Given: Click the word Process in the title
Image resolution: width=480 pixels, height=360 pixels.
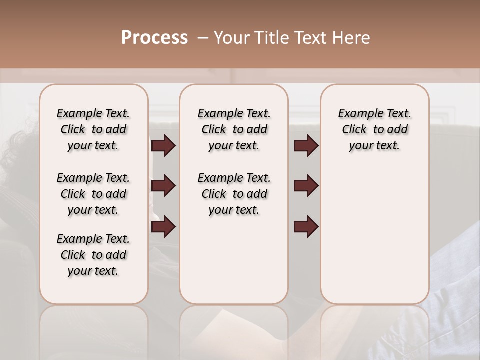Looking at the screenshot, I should tap(154, 38).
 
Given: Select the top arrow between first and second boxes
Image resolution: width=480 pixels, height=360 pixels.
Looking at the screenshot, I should tap(163, 145).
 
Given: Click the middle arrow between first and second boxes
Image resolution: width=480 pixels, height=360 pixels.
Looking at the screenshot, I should tap(163, 186).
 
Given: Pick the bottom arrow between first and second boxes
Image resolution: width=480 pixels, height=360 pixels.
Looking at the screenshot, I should tap(163, 226).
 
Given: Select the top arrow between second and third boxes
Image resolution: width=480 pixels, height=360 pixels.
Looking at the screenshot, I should tap(306, 145).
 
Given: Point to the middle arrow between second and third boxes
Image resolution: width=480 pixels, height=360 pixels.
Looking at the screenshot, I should tap(306, 186).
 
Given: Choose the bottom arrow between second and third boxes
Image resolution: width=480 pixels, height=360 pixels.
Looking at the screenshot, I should tap(306, 226).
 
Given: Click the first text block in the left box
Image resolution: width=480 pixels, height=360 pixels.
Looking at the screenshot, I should tap(93, 129).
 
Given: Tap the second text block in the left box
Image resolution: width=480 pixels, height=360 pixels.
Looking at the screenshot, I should tap(93, 194).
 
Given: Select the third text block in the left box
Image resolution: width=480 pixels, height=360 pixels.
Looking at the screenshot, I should tap(93, 255).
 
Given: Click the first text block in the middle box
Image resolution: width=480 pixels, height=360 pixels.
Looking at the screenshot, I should tap(234, 129).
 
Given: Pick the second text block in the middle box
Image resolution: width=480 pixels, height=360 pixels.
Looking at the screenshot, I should tap(234, 194).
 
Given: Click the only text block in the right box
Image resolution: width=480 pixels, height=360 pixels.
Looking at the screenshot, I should tap(374, 129).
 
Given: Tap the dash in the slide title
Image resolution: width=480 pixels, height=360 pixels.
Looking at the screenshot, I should tap(203, 38).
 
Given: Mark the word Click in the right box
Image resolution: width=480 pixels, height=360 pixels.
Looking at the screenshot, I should tap(354, 130).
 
